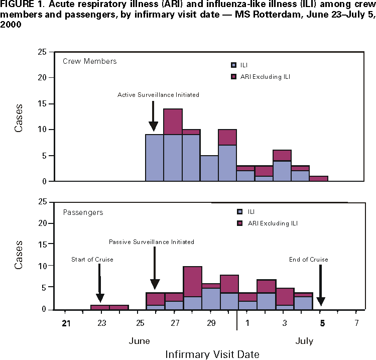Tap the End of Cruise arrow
(x=320, y=284)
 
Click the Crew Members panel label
(x=90, y=61)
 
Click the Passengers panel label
(x=83, y=212)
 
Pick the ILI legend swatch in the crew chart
(x=233, y=65)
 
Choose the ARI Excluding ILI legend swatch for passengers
(x=233, y=223)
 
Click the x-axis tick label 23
(x=101, y=323)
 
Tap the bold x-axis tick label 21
(x=66, y=323)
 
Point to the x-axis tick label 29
(x=211, y=323)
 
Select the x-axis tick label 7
(x=356, y=323)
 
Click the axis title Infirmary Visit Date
(x=212, y=354)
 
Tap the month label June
(x=139, y=341)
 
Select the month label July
(x=304, y=341)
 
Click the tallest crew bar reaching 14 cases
(x=173, y=146)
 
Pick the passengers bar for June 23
(x=100, y=307)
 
